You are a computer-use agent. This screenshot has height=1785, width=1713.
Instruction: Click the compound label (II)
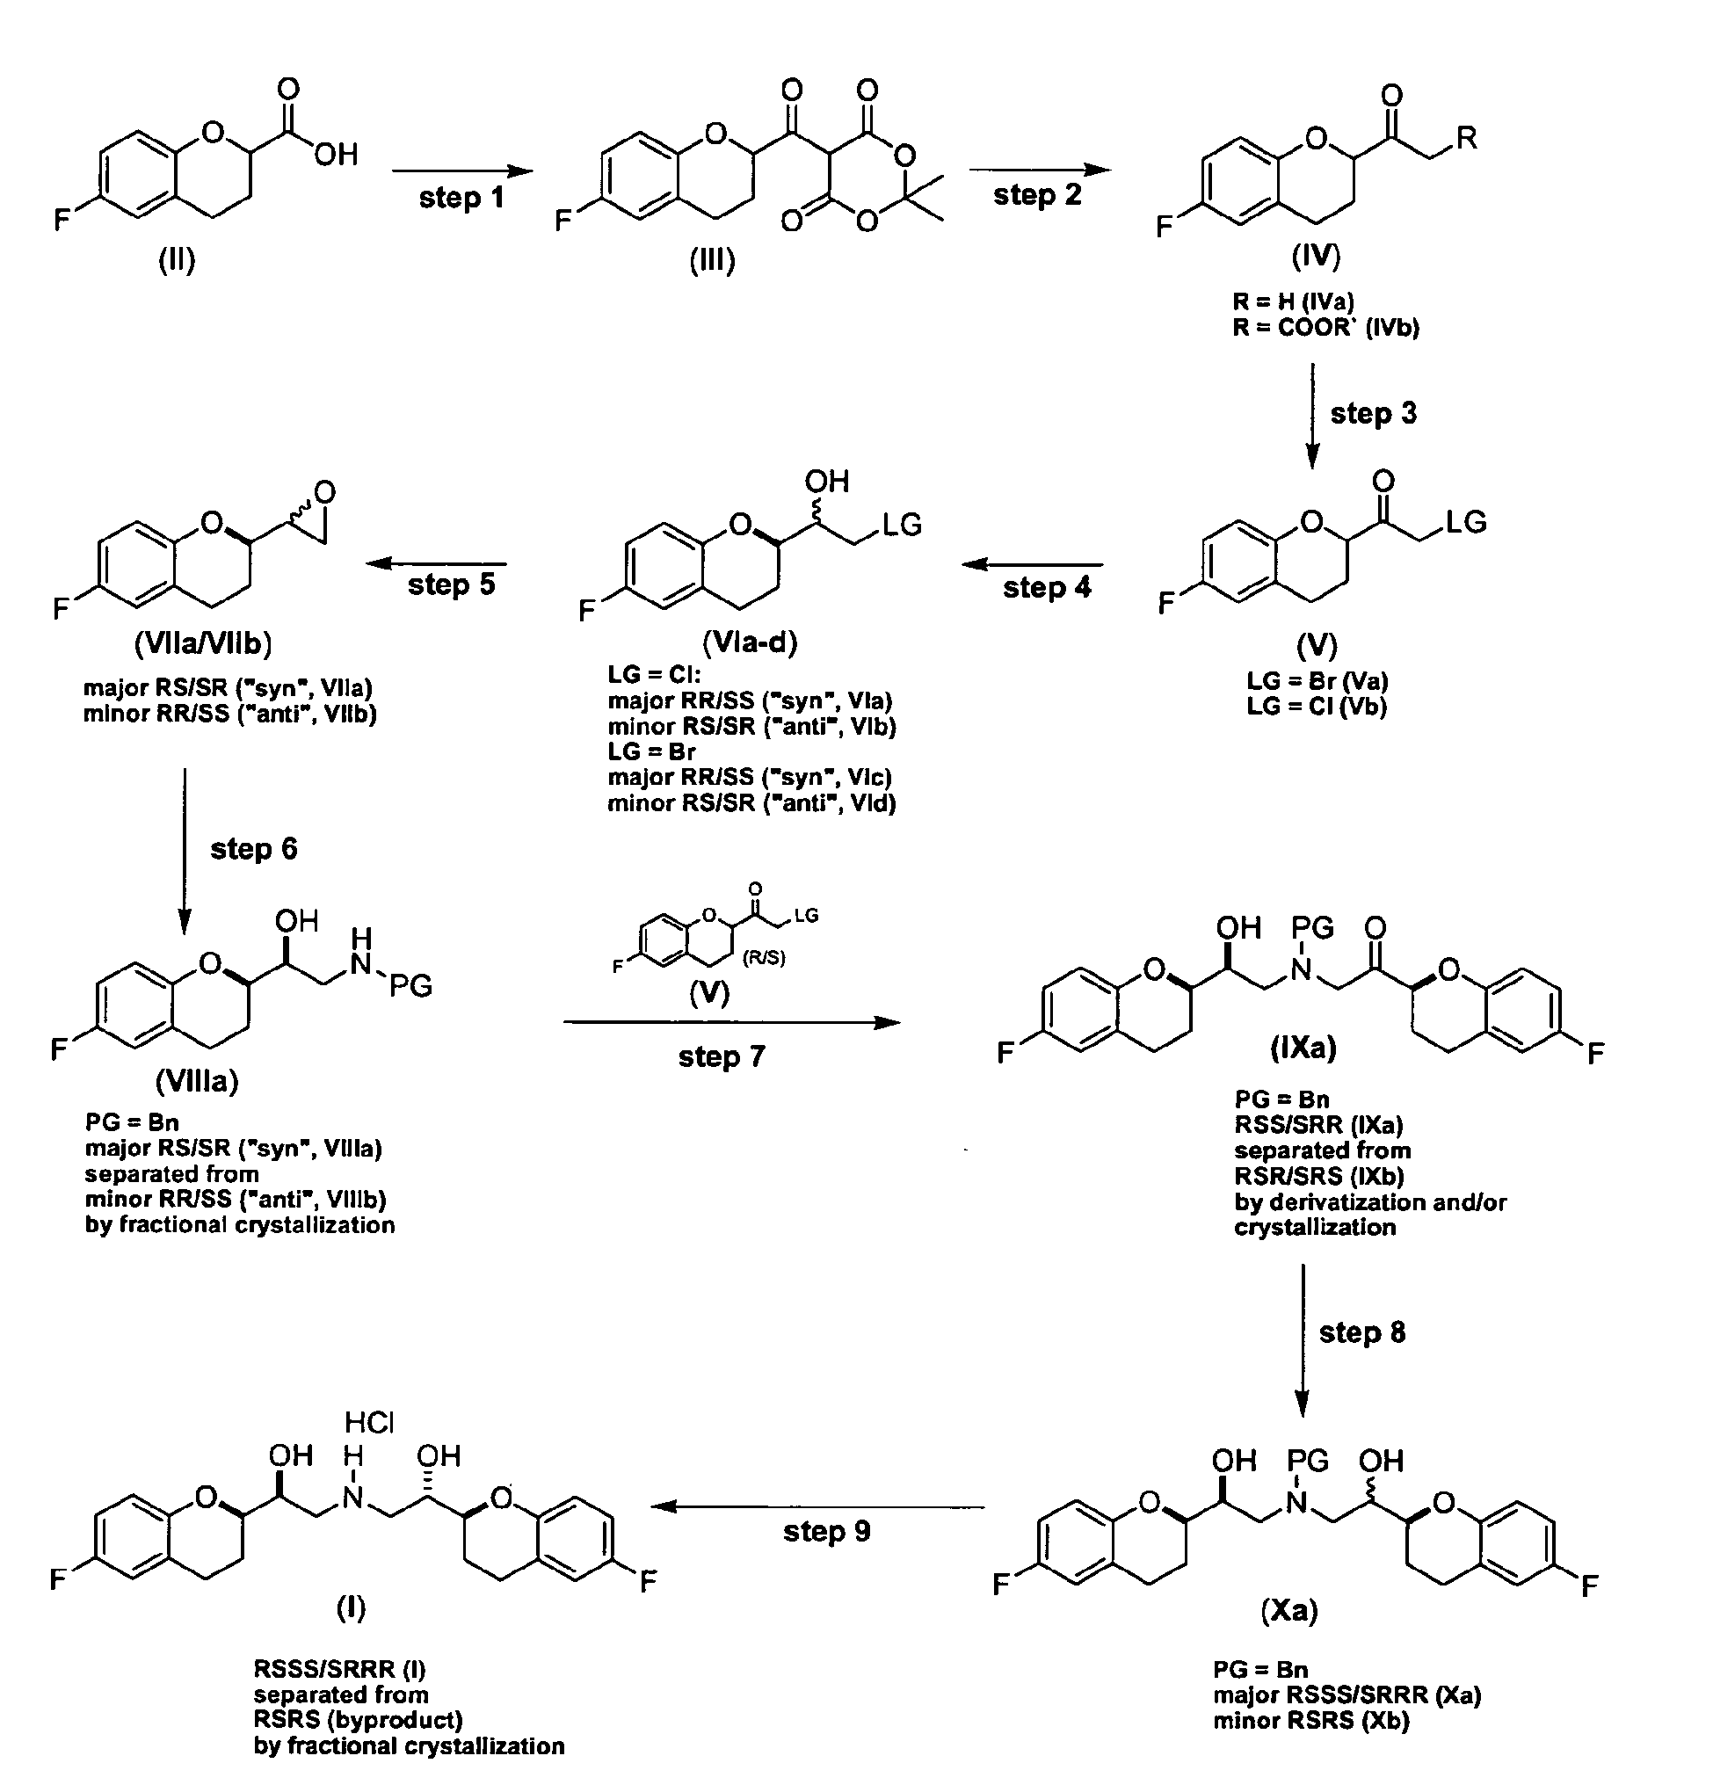click(x=177, y=260)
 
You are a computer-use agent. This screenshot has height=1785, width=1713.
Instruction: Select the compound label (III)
click(x=712, y=260)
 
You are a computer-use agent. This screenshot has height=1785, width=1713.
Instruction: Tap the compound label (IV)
click(x=1316, y=257)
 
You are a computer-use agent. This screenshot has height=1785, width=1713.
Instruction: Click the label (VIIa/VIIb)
click(x=203, y=644)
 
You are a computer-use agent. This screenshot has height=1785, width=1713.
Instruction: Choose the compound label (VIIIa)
click(x=197, y=1081)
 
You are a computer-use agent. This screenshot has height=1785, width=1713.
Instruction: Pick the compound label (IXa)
click(x=1303, y=1049)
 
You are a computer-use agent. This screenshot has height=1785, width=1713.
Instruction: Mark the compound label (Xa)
click(x=1289, y=1611)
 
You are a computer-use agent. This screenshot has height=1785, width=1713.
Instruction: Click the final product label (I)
click(x=351, y=1609)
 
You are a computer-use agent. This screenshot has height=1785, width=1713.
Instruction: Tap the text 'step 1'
click(x=461, y=198)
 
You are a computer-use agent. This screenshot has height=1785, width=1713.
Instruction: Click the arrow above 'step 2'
click(x=1039, y=170)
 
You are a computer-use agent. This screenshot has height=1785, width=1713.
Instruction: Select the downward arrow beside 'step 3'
click(x=1311, y=417)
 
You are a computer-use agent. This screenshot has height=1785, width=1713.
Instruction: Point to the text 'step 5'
click(x=451, y=584)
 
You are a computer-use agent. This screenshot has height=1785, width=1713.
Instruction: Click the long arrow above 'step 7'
click(x=731, y=1023)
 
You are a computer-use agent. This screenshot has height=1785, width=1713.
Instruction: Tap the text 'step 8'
click(x=1362, y=1332)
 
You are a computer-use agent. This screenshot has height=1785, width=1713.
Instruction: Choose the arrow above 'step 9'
click(x=817, y=1506)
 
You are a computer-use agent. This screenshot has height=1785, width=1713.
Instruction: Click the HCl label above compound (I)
click(x=369, y=1422)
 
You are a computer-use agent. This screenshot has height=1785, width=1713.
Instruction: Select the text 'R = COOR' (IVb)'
click(x=1326, y=327)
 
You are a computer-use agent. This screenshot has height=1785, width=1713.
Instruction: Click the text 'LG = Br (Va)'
click(x=1317, y=681)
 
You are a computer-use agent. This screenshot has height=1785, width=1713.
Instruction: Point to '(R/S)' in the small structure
click(x=763, y=958)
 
